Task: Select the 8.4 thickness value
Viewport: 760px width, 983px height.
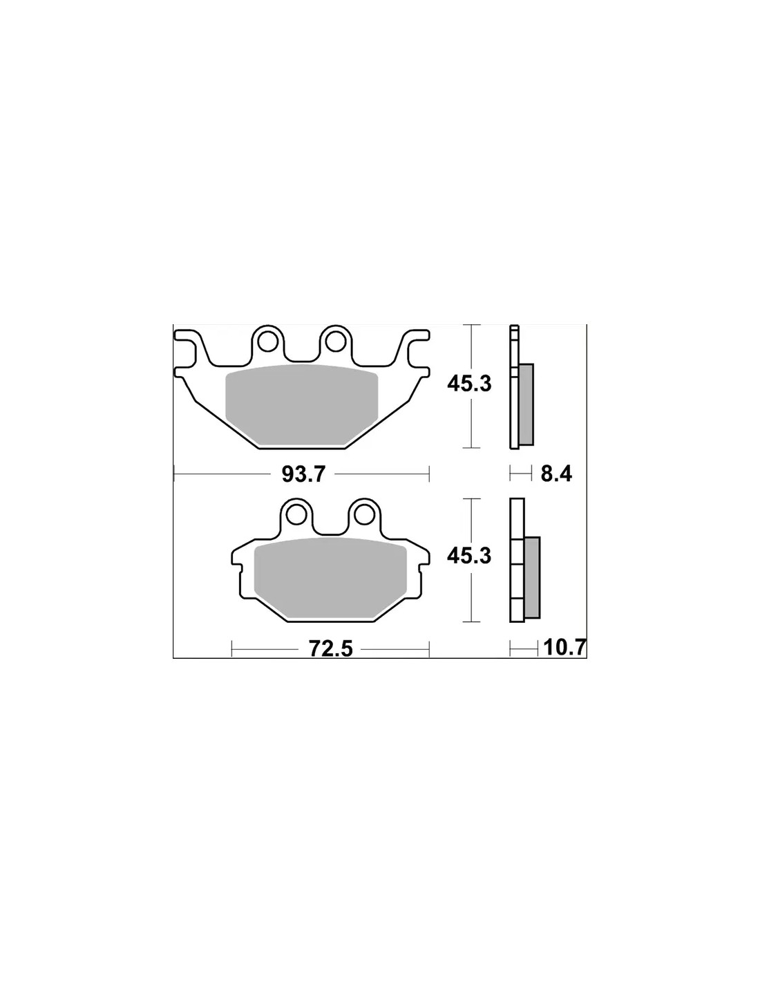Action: (x=556, y=474)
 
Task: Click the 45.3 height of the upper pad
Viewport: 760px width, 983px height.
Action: (x=469, y=384)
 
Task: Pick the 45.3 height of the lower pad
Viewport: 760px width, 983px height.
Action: (x=469, y=556)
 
